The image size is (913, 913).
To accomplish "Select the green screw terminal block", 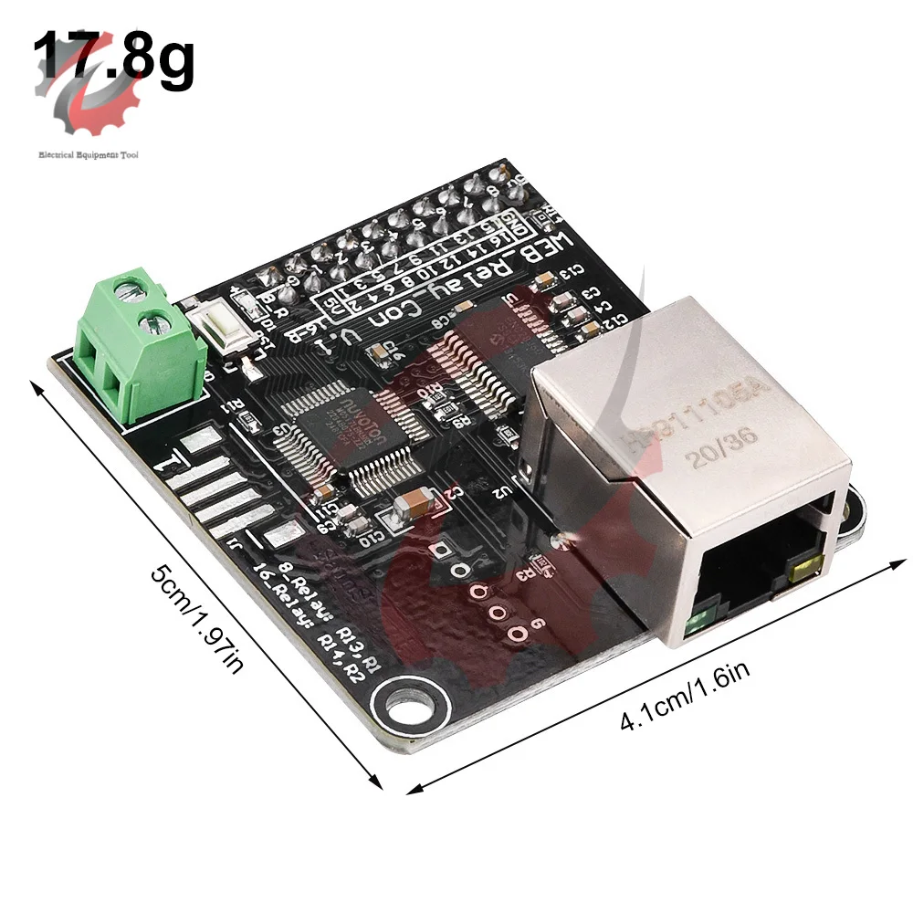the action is [137, 347].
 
